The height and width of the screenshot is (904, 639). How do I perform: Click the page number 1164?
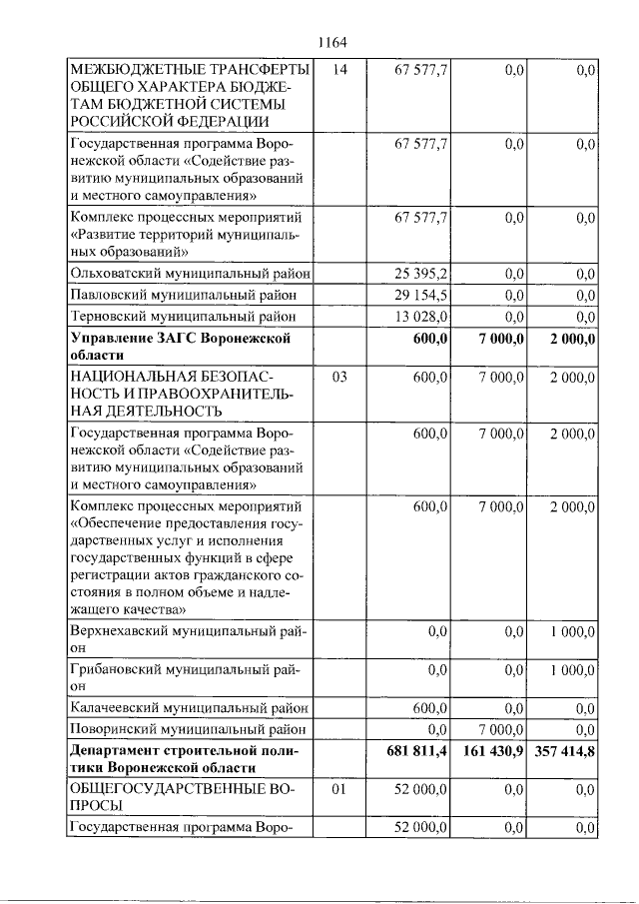331,42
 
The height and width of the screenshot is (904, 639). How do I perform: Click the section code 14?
340,70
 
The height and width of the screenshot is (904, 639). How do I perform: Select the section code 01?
340,789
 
